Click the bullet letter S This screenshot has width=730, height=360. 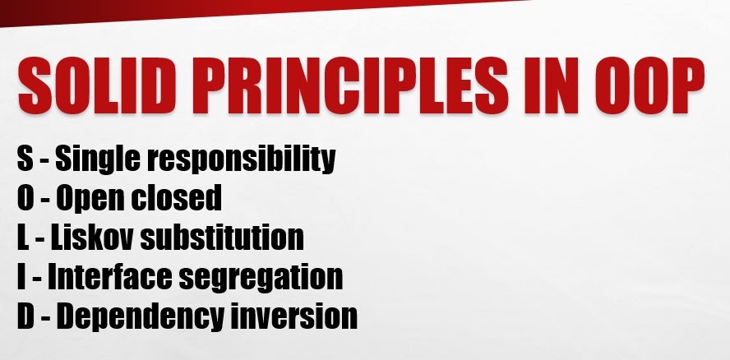pyautogui.click(x=24, y=158)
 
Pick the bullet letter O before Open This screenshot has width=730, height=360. pyautogui.click(x=25, y=197)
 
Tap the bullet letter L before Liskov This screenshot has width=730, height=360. pyautogui.click(x=23, y=237)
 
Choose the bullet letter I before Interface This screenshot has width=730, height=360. pyautogui.click(x=21, y=276)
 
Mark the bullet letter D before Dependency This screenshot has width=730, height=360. pyautogui.click(x=25, y=316)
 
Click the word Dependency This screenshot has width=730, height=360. pyautogui.click(x=136, y=317)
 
